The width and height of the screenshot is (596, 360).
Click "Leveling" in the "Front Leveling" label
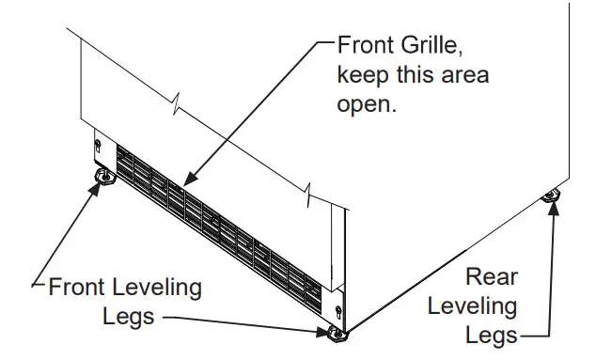tap(160, 286)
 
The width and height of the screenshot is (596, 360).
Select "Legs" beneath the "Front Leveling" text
tap(128, 316)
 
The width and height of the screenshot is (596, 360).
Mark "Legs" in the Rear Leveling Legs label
tap(494, 334)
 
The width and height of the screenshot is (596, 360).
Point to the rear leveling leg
tap(551, 196)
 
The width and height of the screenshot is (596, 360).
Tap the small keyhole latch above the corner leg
tap(338, 309)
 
